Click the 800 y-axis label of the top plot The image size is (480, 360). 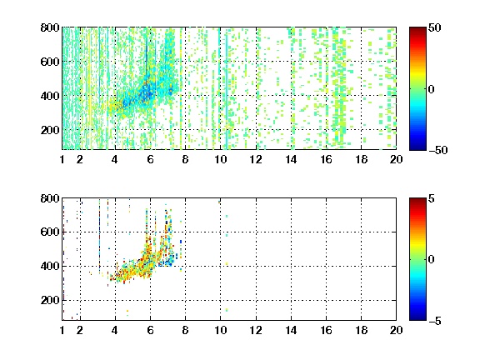50,27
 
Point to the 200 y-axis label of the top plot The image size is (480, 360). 50,130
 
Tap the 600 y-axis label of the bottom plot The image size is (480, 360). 50,232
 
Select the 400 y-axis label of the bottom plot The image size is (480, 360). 50,266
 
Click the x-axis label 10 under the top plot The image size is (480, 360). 220,159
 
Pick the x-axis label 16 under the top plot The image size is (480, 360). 327,159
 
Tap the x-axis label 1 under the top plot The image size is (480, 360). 62,159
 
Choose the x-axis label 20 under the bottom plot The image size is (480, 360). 396,330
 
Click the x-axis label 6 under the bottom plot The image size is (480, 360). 150,330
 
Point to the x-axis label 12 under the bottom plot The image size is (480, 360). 256,330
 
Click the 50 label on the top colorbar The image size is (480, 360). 435,27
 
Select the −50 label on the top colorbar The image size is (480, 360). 438,150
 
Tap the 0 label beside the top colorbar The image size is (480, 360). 432,89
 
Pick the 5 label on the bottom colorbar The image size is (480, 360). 432,198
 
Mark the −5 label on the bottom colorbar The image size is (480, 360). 435,321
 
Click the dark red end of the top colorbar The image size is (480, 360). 417,29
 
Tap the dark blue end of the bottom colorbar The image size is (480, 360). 417,317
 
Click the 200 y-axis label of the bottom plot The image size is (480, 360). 50,300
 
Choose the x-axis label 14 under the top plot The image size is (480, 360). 291,159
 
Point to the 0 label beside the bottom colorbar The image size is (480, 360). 432,260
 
